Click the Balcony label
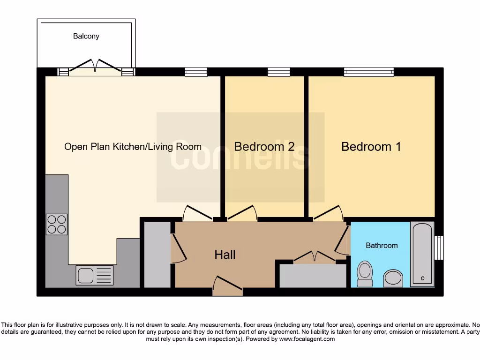point(86,36)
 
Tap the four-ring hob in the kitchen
point(56,224)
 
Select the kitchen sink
point(94,276)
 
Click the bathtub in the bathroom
point(422,254)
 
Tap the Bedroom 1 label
point(371,147)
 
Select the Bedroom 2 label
point(264,147)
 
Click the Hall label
point(225,255)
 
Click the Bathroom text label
point(382,245)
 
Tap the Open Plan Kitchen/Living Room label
point(133,147)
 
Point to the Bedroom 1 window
point(368,72)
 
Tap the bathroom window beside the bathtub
point(439,247)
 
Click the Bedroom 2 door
point(242,214)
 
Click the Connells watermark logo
point(240,155)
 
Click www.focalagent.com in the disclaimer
point(307,339)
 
